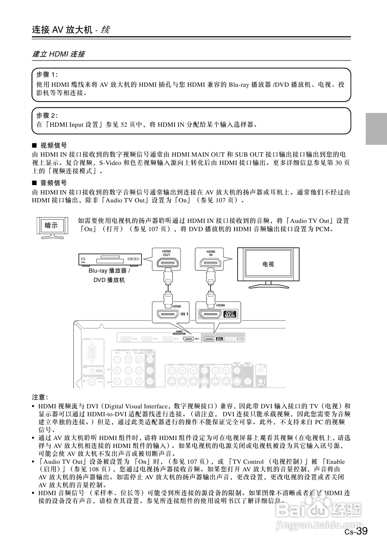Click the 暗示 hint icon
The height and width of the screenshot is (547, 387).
click(x=51, y=227)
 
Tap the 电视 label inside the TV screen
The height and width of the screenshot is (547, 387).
click(x=268, y=264)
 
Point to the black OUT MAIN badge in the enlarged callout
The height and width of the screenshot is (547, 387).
click(x=230, y=314)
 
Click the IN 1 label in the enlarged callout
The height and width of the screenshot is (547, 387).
click(x=184, y=314)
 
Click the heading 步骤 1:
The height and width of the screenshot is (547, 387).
click(x=47, y=75)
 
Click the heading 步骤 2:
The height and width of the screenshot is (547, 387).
click(x=47, y=116)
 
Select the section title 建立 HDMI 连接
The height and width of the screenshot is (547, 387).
click(x=58, y=54)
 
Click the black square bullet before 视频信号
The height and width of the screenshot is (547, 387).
click(x=35, y=145)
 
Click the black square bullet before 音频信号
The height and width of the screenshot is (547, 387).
click(x=35, y=183)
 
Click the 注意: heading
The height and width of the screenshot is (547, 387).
click(x=40, y=397)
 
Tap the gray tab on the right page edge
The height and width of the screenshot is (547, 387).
click(x=376, y=129)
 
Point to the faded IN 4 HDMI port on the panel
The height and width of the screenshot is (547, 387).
click(x=126, y=339)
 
